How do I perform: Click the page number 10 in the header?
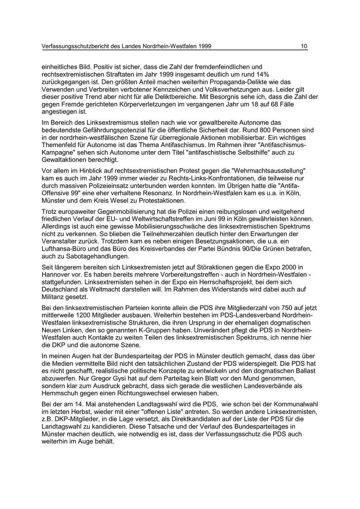[x=304, y=46]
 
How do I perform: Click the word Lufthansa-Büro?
[x=62, y=249]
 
